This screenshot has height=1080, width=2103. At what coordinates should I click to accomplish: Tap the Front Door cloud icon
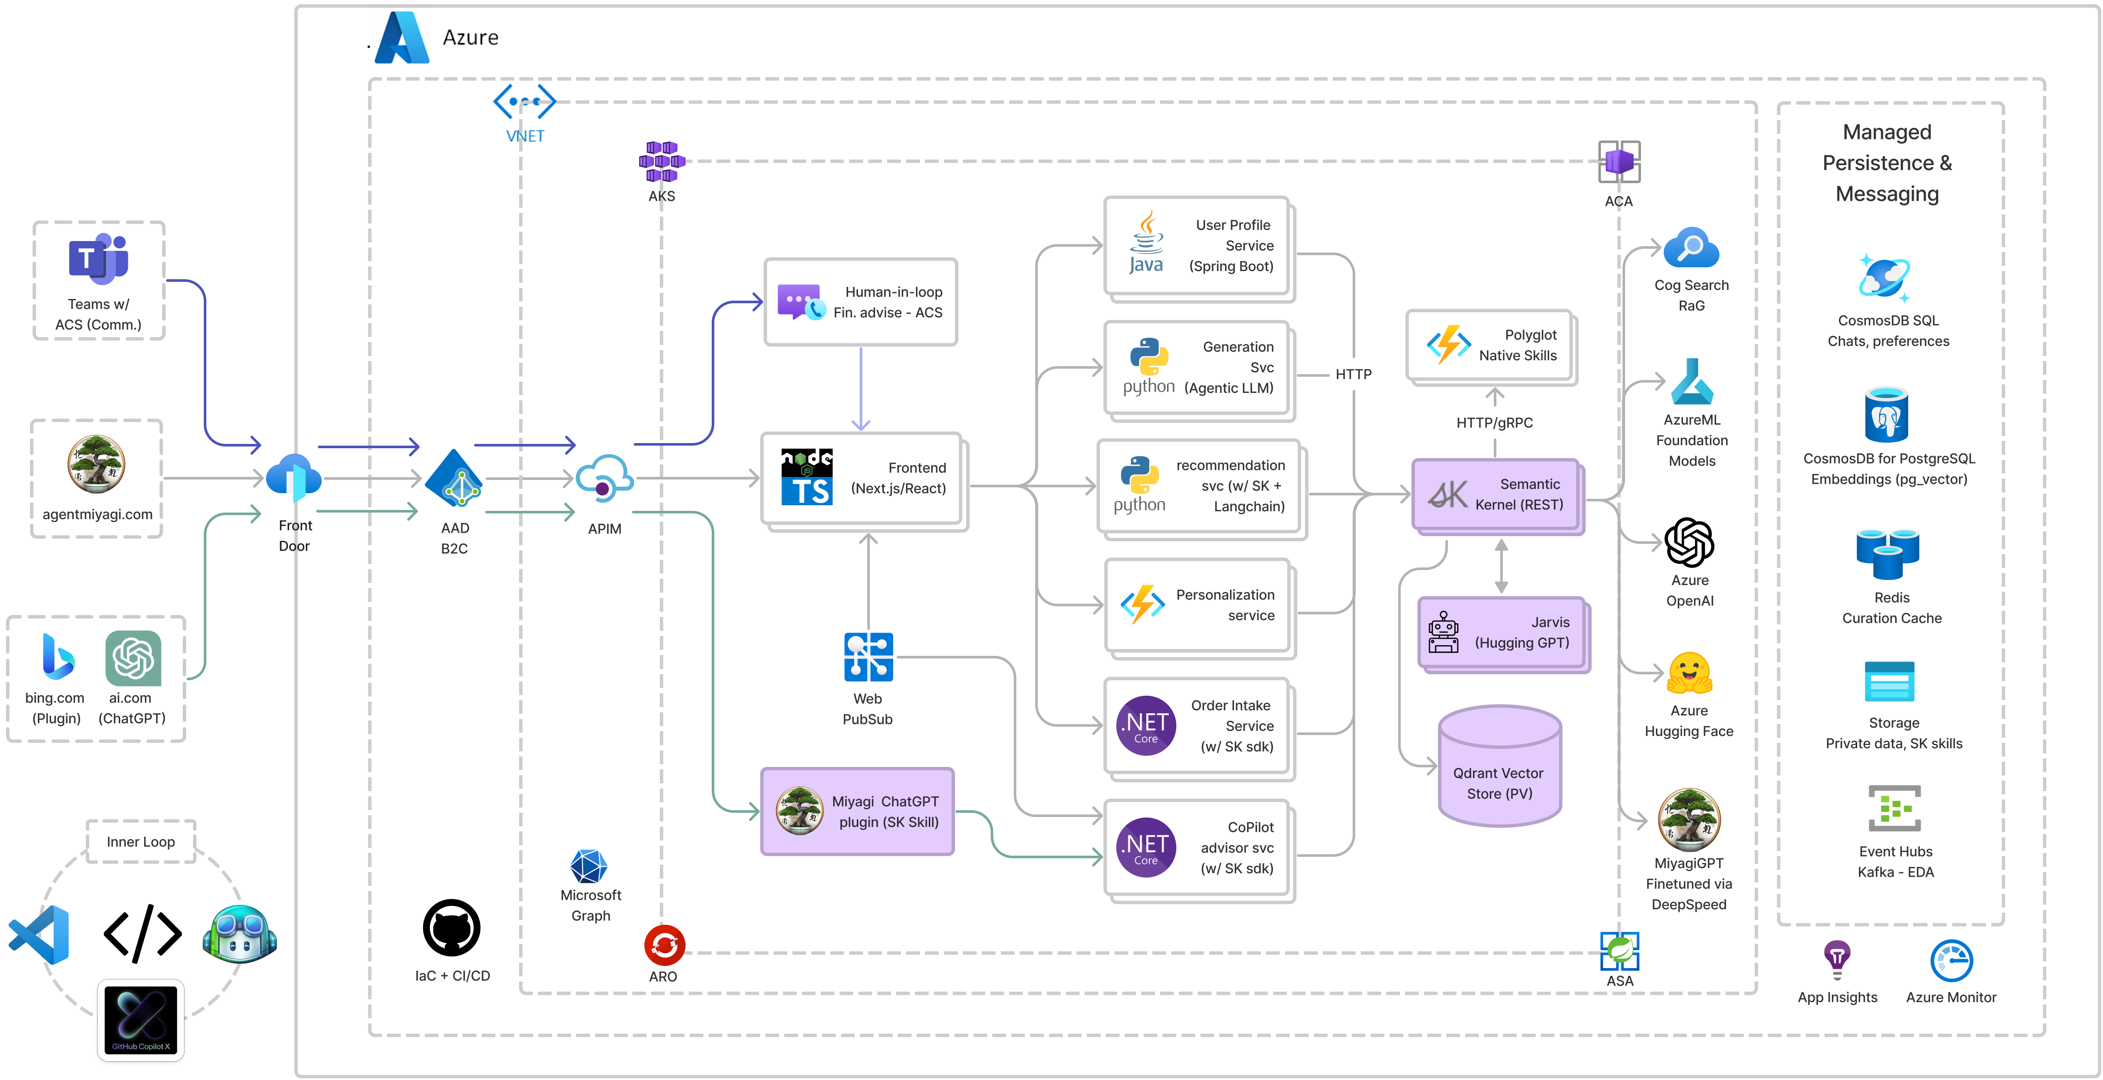click(294, 477)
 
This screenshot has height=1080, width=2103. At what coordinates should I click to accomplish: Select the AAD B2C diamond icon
click(455, 479)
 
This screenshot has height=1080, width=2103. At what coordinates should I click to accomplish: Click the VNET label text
click(525, 136)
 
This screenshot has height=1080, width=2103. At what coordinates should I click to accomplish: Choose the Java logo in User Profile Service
click(1146, 243)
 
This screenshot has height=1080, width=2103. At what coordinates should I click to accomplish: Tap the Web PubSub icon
click(868, 657)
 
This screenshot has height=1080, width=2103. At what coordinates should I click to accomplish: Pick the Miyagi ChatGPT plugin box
click(857, 812)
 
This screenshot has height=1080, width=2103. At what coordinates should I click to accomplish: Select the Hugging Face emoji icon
click(1689, 674)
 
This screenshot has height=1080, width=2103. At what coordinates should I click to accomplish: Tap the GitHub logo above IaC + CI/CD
click(451, 928)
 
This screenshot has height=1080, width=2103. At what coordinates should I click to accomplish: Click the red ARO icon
click(664, 945)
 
